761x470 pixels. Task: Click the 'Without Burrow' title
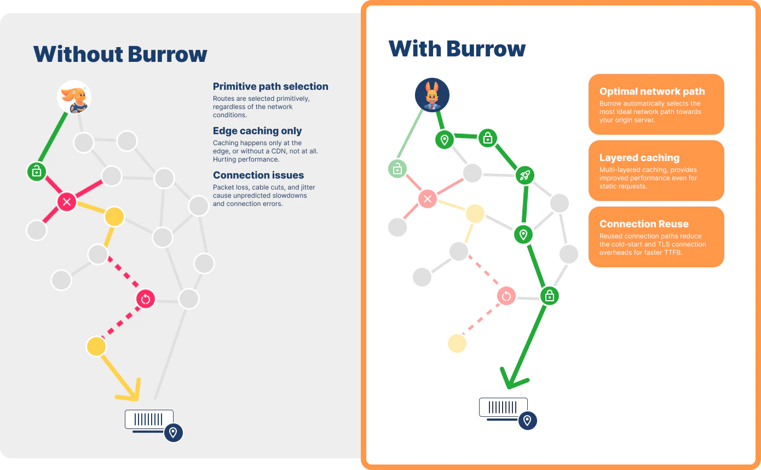click(120, 54)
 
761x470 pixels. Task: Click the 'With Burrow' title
click(457, 49)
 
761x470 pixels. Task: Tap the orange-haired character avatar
click(74, 97)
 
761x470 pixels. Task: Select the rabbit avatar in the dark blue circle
click(432, 95)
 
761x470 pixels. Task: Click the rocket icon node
click(525, 175)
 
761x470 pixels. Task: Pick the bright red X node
click(67, 202)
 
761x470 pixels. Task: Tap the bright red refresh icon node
click(146, 299)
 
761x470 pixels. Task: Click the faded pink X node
click(428, 199)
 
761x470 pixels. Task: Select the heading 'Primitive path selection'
click(270, 87)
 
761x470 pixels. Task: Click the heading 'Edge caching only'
click(257, 131)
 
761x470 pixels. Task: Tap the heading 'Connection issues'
click(258, 175)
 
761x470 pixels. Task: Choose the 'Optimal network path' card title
click(652, 91)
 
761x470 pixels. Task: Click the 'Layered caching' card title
click(639, 158)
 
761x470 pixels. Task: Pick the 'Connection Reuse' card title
click(644, 224)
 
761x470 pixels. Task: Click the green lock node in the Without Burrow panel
click(37, 171)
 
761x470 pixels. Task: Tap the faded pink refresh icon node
click(506, 296)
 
